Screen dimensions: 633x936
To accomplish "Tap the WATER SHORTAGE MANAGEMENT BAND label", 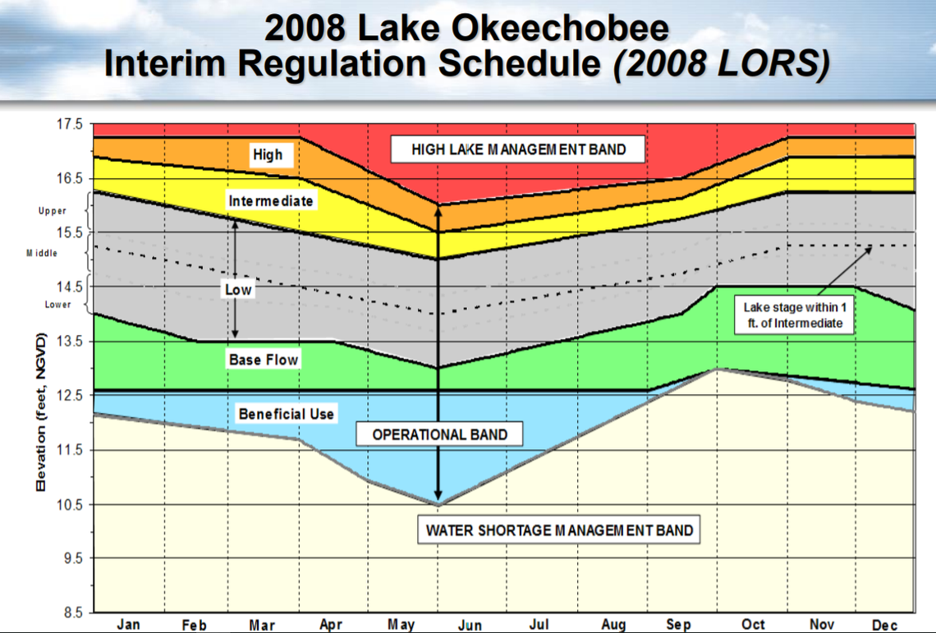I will click(x=559, y=530).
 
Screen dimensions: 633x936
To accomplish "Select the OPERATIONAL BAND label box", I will click(x=440, y=434).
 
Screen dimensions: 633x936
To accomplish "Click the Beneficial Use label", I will click(x=286, y=414).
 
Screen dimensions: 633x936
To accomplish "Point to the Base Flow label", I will click(x=264, y=360).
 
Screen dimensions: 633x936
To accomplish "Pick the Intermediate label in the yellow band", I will click(x=270, y=201).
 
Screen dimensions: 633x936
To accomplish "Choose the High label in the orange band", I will click(x=267, y=154).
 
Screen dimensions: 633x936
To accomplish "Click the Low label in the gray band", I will click(x=238, y=290).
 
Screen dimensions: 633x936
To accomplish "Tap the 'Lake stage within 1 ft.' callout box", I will click(x=792, y=315).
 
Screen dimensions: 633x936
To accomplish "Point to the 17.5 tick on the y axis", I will click(x=70, y=125).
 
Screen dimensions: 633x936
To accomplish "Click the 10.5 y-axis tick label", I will click(x=70, y=504).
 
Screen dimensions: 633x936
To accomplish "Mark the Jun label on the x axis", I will click(x=470, y=625).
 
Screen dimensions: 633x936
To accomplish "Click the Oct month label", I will click(x=753, y=625).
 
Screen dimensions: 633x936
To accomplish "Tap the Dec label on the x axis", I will click(x=884, y=625).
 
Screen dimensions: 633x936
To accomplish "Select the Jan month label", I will click(x=128, y=625).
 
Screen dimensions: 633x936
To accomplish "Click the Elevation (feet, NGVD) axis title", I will click(x=40, y=413).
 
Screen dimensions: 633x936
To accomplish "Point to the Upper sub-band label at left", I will click(x=53, y=211).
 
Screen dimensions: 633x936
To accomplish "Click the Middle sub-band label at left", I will click(x=42, y=253).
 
